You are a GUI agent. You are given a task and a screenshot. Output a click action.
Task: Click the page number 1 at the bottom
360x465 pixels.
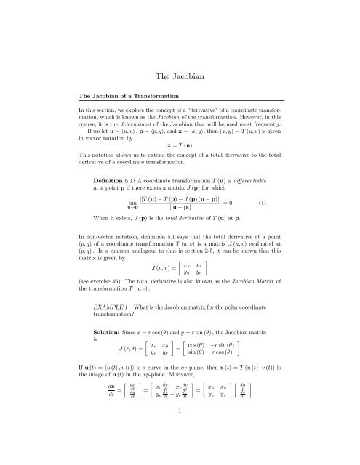point(180,430)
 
